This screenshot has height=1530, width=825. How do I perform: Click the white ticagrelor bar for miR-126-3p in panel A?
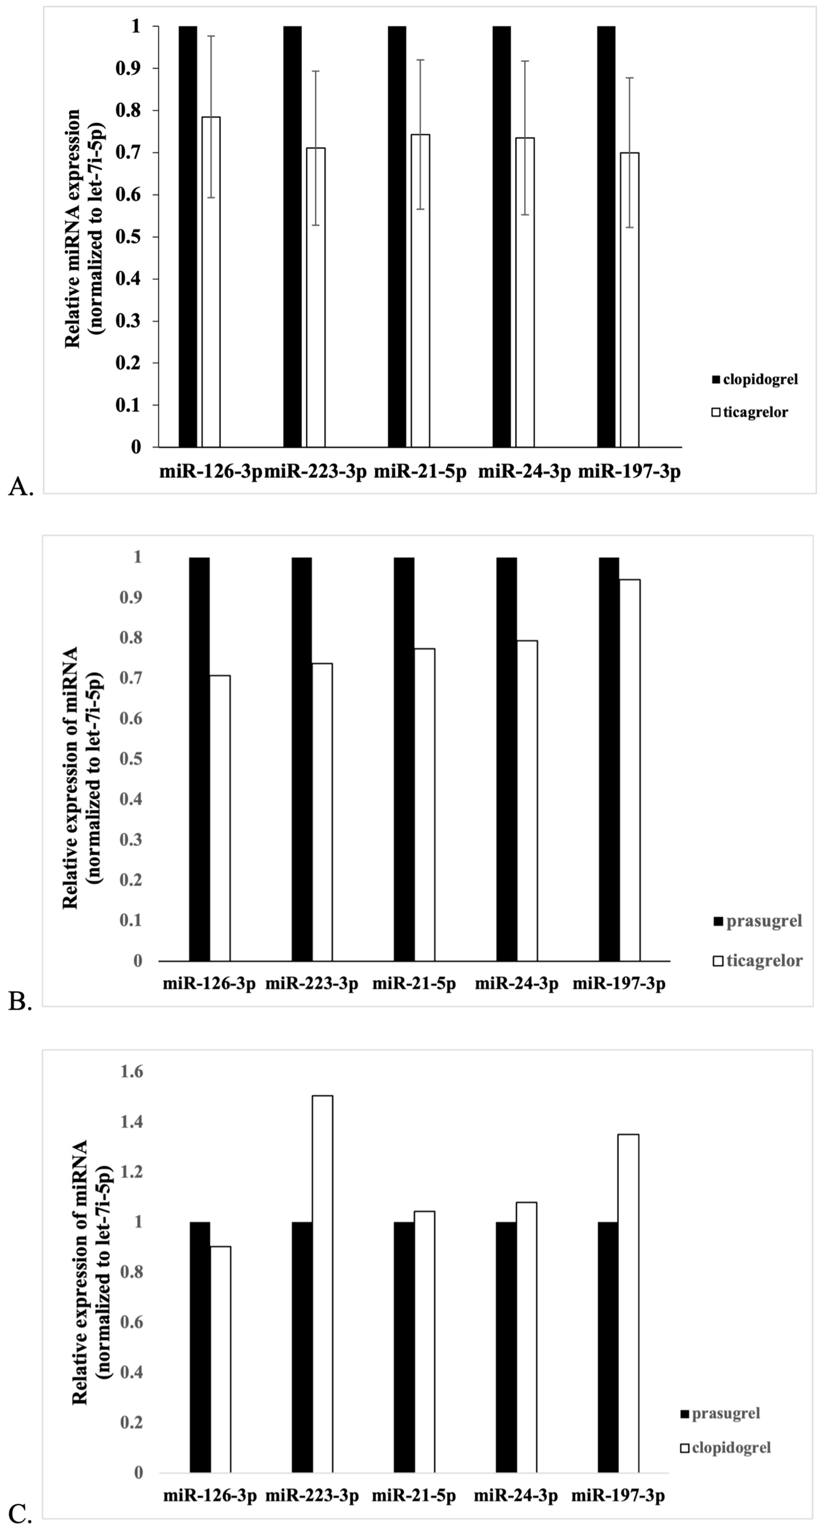(x=211, y=282)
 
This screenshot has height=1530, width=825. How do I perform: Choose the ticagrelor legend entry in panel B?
(x=758, y=960)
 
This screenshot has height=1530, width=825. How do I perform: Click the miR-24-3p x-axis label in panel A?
(x=524, y=472)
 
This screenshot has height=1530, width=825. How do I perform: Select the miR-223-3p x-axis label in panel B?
(x=312, y=984)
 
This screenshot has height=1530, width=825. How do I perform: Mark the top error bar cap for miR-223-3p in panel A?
(x=316, y=71)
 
